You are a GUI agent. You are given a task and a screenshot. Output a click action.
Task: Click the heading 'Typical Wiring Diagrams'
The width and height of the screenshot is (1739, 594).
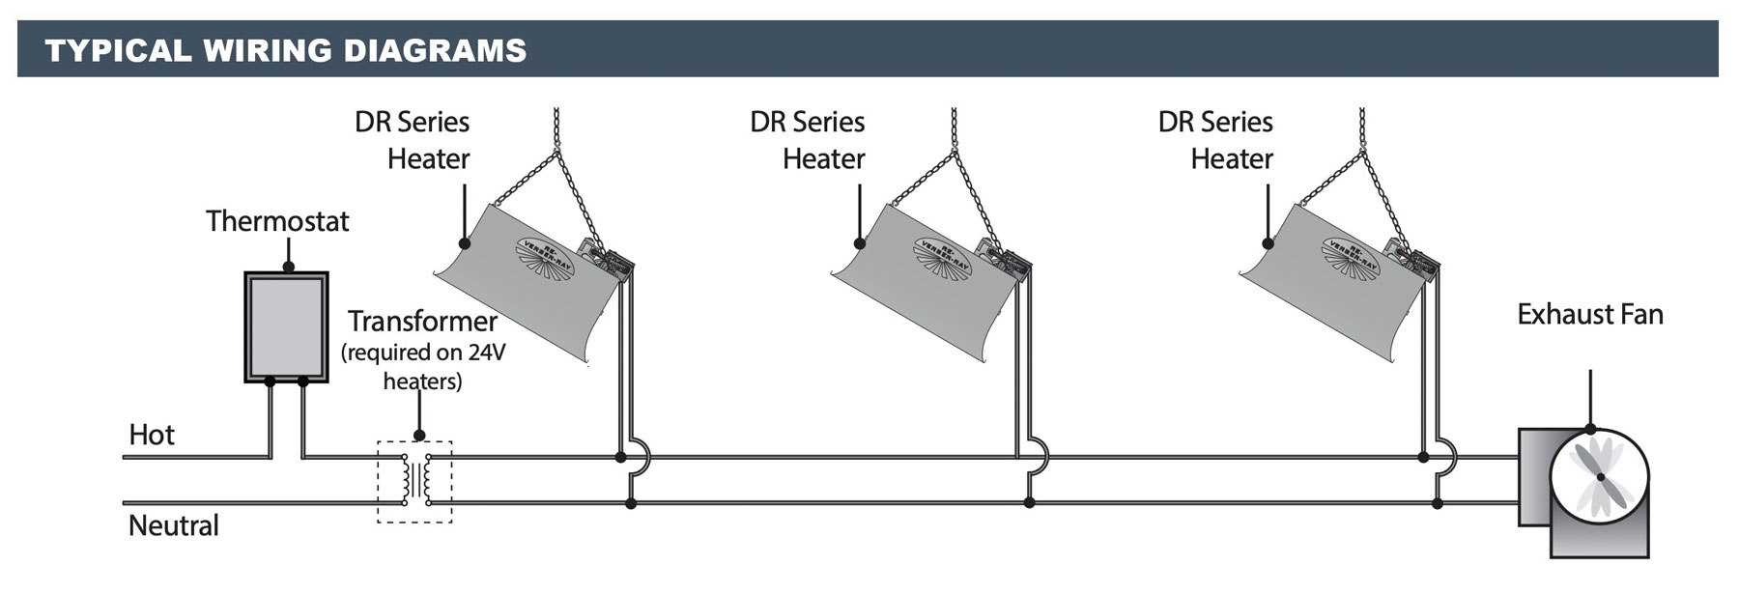(286, 50)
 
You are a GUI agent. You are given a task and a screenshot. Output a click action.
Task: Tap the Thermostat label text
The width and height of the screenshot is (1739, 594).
(277, 221)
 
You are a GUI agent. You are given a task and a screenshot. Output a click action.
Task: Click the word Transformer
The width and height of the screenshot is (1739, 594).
(422, 321)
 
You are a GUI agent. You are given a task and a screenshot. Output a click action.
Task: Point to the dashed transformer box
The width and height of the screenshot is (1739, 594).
(414, 482)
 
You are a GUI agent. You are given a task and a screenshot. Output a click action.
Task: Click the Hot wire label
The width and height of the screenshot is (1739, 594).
(152, 435)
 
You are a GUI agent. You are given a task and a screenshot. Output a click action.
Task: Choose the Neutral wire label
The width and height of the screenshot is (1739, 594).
(174, 525)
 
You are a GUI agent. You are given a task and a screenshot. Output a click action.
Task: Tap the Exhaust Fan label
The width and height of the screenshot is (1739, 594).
(1589, 315)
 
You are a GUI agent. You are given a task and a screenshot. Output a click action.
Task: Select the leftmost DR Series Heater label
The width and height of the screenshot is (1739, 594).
(413, 140)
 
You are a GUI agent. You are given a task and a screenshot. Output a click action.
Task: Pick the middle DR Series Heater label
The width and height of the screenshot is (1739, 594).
(809, 140)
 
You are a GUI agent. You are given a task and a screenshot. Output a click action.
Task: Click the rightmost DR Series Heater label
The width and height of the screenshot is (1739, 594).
(1216, 140)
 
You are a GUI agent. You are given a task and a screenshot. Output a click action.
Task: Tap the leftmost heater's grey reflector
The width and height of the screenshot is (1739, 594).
(512, 290)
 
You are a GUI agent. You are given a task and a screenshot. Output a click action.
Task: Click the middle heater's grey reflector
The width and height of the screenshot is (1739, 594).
(908, 290)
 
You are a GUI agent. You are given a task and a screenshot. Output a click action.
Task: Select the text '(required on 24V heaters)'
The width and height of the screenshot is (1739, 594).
(423, 367)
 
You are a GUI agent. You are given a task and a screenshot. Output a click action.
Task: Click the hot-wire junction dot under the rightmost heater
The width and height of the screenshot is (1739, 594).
(1423, 457)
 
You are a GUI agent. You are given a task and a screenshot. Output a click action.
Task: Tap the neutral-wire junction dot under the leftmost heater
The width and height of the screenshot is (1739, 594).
(631, 503)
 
